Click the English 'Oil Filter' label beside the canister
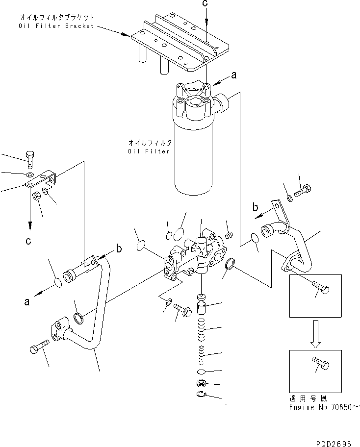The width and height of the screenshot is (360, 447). pos(149,151)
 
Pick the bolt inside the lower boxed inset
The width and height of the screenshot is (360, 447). pos(321,365)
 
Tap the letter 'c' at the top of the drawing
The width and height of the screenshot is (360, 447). pos(206,3)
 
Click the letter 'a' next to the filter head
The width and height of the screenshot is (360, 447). pos(233,75)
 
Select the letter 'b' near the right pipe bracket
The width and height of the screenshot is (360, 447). pos(255,207)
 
